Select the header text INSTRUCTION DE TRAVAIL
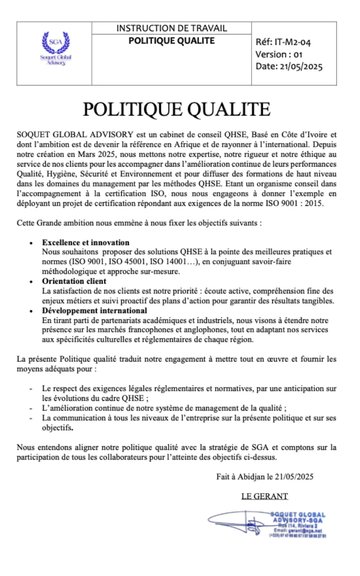[171, 28]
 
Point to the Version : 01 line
[279, 54]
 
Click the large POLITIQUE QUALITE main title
[176, 110]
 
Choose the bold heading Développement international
[94, 311]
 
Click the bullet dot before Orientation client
[31, 282]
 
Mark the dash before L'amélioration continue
[31, 408]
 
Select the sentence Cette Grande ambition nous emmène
[138, 223]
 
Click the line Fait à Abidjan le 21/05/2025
[265, 477]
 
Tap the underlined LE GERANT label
[264, 496]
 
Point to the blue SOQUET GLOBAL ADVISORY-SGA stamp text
[298, 517]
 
